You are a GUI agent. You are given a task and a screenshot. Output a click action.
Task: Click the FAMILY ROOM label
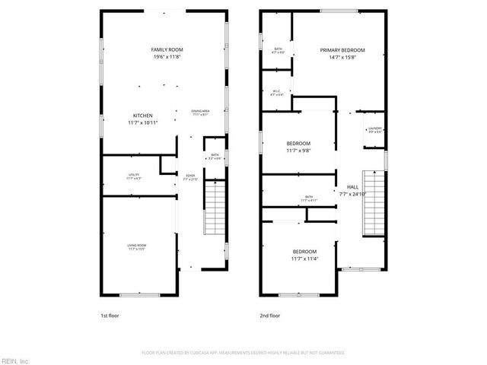(167, 49)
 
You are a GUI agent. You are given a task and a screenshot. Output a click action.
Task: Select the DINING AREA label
(200, 111)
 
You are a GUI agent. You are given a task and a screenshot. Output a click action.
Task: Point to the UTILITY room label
(134, 176)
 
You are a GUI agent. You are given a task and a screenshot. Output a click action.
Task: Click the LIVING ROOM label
(137, 245)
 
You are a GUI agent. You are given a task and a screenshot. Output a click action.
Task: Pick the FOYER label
(189, 176)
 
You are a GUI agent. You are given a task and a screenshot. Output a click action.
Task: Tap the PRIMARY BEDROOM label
(342, 49)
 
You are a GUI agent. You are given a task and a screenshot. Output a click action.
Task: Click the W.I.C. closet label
(277, 91)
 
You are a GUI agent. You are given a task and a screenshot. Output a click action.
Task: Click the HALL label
(352, 187)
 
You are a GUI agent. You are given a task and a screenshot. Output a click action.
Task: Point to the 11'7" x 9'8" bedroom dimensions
(298, 150)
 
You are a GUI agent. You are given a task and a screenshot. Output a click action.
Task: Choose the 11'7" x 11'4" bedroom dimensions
(304, 259)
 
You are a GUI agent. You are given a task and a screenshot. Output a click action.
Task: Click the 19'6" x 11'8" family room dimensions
(167, 57)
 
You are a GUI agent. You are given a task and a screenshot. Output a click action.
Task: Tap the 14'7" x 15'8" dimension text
(342, 57)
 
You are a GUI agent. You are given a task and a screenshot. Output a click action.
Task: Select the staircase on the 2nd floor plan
(373, 202)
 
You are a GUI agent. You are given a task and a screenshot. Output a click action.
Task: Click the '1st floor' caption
(110, 315)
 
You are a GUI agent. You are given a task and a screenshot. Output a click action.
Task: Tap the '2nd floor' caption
(270, 315)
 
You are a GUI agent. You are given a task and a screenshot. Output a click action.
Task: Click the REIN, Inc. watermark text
(14, 360)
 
